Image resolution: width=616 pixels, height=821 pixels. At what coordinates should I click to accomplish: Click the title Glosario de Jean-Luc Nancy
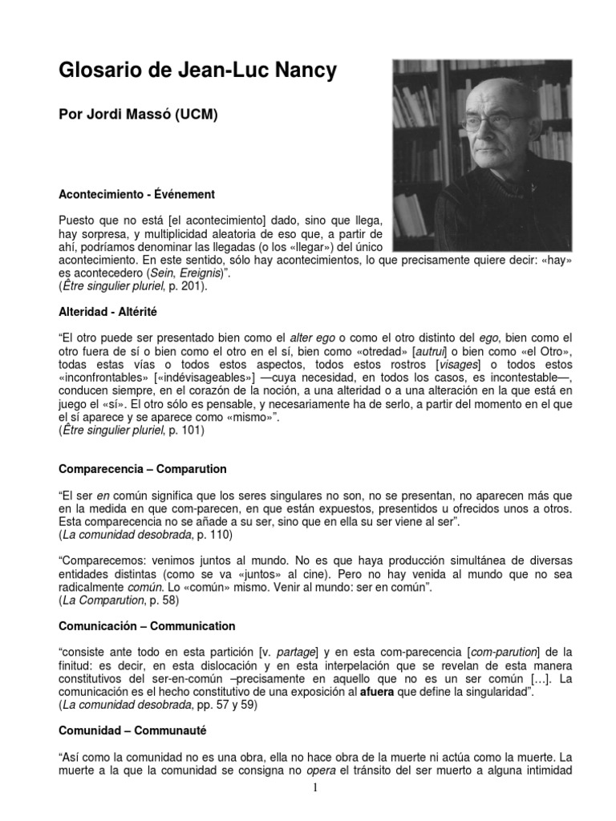pyautogui.click(x=198, y=71)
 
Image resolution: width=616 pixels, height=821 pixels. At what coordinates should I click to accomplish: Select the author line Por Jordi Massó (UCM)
pyautogui.click(x=138, y=115)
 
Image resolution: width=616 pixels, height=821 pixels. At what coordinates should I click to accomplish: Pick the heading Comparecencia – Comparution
pyautogui.click(x=143, y=468)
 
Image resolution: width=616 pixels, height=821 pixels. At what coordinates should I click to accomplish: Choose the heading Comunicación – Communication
pyautogui.click(x=147, y=625)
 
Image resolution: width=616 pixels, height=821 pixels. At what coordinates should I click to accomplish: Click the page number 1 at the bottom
pyautogui.click(x=316, y=789)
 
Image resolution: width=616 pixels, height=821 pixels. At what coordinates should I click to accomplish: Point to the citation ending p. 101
pyautogui.click(x=132, y=430)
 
